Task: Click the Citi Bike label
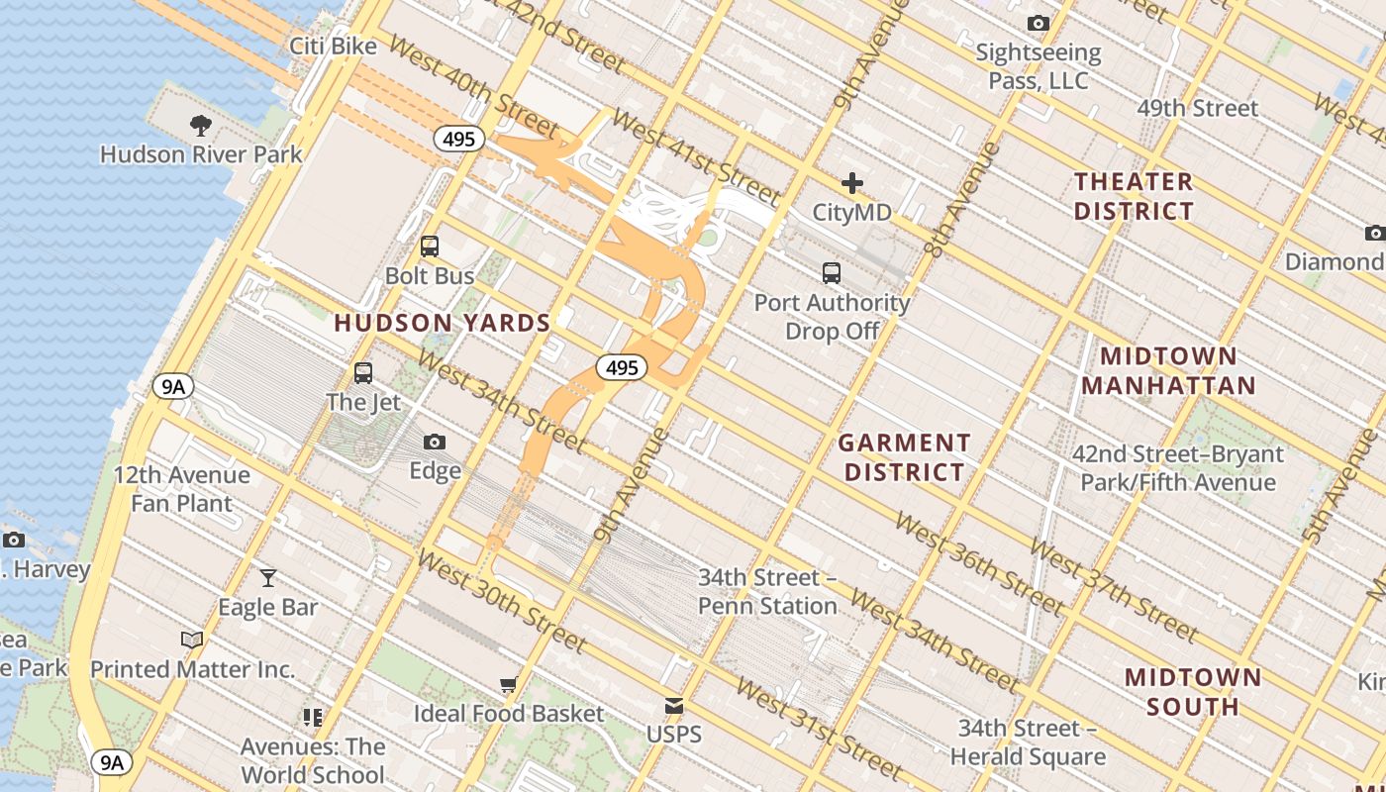(x=333, y=47)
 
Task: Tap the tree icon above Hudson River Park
(x=201, y=126)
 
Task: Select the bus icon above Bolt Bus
(x=430, y=247)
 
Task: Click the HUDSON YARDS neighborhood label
(x=443, y=323)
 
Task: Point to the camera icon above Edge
(x=435, y=442)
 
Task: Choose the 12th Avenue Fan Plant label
(x=182, y=489)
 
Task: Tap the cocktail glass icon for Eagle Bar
(x=267, y=578)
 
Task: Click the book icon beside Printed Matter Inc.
(x=192, y=641)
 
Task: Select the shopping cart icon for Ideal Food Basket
(x=509, y=685)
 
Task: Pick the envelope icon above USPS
(x=674, y=706)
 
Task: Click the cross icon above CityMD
(x=851, y=183)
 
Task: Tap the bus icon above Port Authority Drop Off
(x=832, y=273)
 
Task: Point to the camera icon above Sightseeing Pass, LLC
(x=1038, y=23)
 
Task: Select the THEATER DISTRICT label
(x=1134, y=196)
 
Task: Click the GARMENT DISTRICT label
(x=905, y=457)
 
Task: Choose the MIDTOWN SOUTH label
(x=1193, y=692)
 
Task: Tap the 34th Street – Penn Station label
(x=767, y=591)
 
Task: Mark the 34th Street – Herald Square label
(x=1028, y=742)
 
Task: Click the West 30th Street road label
(x=503, y=600)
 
